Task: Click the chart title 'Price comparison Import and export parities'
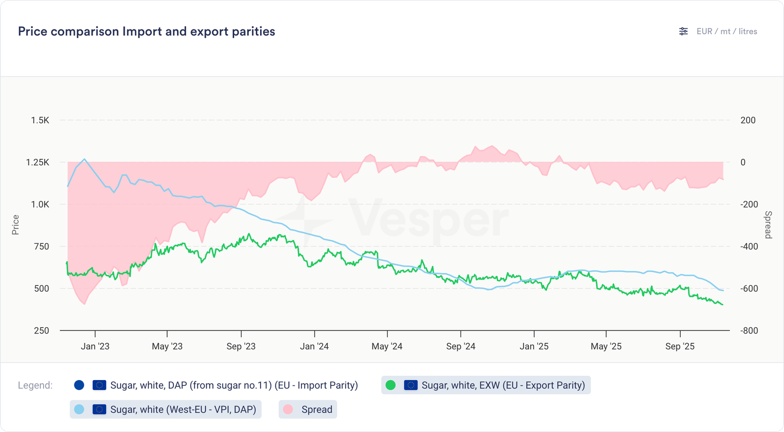147,31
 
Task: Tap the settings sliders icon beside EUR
683,31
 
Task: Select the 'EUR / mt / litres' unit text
727,31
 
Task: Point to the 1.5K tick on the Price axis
40,120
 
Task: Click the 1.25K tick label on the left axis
38,162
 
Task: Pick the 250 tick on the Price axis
42,330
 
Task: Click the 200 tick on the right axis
748,120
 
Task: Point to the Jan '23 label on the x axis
95,346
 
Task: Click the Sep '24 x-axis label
461,346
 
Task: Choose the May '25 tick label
606,346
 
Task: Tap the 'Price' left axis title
16,225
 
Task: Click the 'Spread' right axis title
768,225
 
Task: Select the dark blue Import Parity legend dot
79,385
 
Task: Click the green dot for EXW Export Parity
391,385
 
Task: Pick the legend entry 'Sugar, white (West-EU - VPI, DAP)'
183,409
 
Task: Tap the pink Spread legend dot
288,409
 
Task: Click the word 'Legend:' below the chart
35,385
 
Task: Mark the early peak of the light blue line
84,159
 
